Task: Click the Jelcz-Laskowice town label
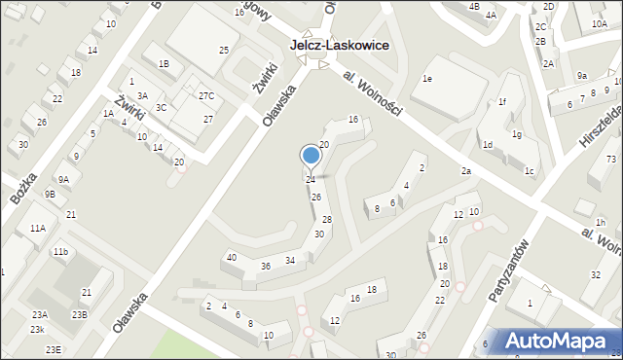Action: pos(340,45)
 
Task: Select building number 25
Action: pos(223,50)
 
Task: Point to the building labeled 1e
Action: pos(426,78)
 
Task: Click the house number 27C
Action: pos(206,95)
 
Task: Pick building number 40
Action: pos(231,257)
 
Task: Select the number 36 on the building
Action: pos(265,266)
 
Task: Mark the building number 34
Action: pos(289,260)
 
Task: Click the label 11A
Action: pos(37,228)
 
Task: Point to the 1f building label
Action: pos(502,102)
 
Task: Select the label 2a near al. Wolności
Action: pos(466,171)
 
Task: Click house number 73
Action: pos(610,159)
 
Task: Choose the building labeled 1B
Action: pos(165,64)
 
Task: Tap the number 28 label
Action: pos(327,220)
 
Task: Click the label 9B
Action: pos(50,194)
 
